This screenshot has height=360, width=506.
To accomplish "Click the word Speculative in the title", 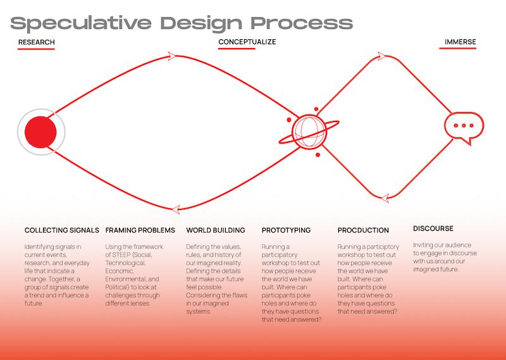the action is point(81,23).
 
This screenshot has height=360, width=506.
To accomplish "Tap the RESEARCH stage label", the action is point(37,42).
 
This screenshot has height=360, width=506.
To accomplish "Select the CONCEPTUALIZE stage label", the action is point(247,42).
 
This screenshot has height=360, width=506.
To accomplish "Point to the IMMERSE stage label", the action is point(460,42).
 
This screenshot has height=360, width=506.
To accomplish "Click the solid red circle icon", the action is point(40,132).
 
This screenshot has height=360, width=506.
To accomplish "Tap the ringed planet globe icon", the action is point(309,132).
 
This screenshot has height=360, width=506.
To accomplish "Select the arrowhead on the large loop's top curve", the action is point(171,56).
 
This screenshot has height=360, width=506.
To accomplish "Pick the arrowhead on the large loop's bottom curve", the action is point(176,209).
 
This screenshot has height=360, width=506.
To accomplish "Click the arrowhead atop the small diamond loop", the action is point(381,56).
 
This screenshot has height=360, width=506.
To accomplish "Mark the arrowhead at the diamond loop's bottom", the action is point(385,198).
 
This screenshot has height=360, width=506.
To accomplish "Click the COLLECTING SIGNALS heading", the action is point(61,230).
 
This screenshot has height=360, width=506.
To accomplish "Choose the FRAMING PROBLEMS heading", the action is point(140,230).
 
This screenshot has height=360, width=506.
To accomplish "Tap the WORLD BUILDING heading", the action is point(216,230).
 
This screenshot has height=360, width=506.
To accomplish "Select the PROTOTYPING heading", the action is point(287,230).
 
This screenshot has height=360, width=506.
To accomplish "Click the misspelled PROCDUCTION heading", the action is point(363,230).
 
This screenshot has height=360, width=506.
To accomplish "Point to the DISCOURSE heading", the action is point(433,228).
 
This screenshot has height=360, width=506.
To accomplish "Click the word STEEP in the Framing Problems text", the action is point(121,255).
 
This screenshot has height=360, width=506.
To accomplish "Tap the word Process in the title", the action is point(302,23).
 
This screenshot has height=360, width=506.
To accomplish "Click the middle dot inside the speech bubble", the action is point(464,125).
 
